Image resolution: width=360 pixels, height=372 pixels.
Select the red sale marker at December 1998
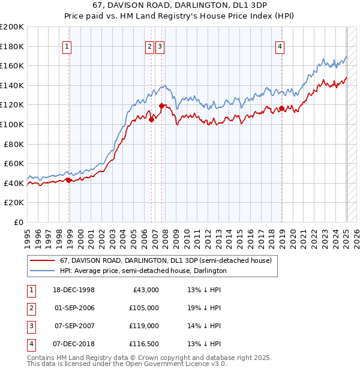tap(69, 179)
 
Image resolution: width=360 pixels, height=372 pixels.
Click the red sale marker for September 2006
tap(152, 119)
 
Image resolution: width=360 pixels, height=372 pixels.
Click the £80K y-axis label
tap(14, 144)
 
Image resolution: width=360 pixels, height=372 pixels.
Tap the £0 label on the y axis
tap(19, 222)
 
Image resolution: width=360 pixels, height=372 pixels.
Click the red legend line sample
tap(42, 261)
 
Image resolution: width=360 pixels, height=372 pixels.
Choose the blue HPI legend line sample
tap(42, 271)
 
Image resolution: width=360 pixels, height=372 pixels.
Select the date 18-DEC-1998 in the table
tap(75, 290)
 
